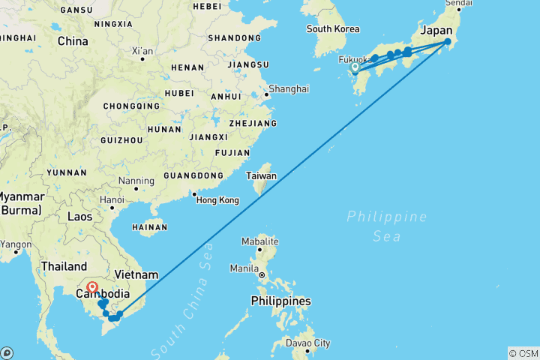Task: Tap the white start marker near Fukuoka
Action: click(x=355, y=67)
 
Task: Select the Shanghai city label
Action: click(x=289, y=88)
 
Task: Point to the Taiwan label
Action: click(x=262, y=176)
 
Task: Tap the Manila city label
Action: click(x=245, y=268)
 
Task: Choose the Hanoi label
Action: click(x=112, y=200)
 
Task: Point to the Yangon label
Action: click(x=16, y=244)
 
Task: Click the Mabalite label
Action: click(x=259, y=241)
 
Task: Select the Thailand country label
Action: click(x=64, y=265)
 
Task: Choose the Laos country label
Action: click(x=79, y=217)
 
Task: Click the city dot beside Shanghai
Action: click(x=265, y=94)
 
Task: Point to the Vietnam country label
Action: click(x=136, y=274)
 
